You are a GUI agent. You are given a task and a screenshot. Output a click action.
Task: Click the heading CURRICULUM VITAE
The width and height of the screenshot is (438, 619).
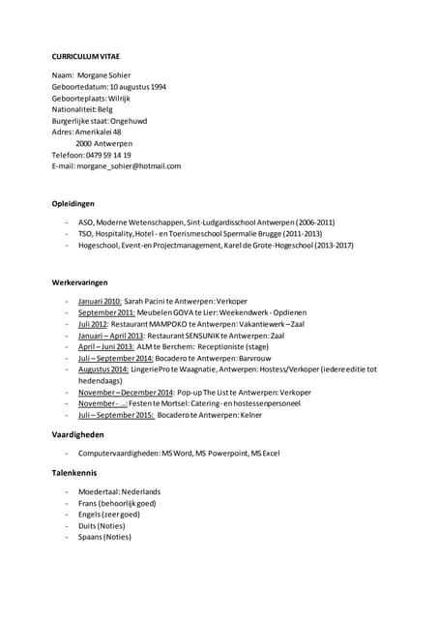pos(87,56)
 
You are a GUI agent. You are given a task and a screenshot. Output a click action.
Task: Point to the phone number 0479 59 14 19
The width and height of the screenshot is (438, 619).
pos(108,155)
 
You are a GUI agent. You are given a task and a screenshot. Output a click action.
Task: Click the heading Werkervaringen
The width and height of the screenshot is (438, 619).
pos(79,281)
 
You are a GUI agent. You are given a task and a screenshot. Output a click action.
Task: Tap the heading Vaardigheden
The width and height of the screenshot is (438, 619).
pos(78,435)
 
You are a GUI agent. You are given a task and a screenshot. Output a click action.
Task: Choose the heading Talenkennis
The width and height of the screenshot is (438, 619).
pos(75,473)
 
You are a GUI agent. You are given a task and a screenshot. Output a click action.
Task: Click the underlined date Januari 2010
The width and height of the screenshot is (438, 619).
pos(100,302)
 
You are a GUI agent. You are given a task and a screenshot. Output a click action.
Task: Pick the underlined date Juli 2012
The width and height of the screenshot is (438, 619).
pos(94,324)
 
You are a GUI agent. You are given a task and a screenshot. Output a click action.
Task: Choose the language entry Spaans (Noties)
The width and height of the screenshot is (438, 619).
pos(105,537)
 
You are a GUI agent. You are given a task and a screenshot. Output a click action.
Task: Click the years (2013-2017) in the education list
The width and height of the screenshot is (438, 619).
pos(334,246)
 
